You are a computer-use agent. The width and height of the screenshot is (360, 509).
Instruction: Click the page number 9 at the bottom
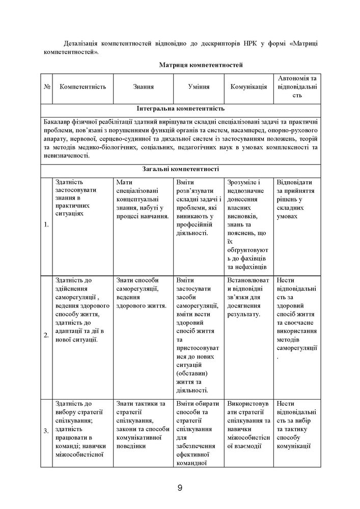click(x=180, y=488)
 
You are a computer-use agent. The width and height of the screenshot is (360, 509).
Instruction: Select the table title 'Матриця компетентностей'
click(x=200, y=65)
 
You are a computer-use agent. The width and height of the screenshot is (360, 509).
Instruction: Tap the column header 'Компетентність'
click(x=82, y=87)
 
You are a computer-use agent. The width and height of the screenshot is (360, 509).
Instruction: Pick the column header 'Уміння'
click(x=199, y=87)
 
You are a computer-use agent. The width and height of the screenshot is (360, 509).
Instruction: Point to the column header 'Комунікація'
click(x=248, y=87)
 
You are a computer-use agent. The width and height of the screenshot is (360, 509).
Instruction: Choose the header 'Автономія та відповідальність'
click(x=297, y=87)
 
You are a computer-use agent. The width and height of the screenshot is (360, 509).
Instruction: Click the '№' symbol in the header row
click(x=47, y=87)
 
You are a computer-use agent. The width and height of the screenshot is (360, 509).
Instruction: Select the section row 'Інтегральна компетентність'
click(x=181, y=109)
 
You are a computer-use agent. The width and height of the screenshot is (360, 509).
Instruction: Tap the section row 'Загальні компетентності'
click(x=181, y=170)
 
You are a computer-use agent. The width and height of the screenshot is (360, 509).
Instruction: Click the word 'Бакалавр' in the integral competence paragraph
click(x=59, y=122)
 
